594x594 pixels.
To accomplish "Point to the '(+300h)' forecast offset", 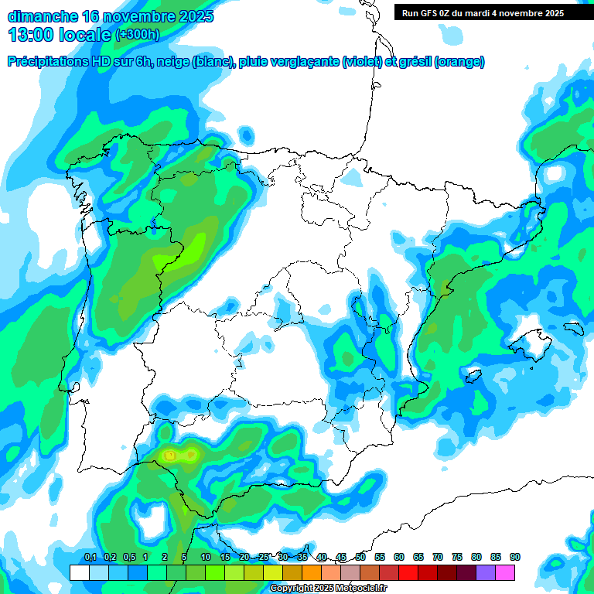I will [x=137, y=34].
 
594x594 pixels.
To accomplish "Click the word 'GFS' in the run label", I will [x=430, y=13].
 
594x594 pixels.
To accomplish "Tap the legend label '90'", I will [x=515, y=557].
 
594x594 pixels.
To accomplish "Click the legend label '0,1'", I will [x=90, y=557].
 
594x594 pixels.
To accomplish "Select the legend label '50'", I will [x=360, y=557].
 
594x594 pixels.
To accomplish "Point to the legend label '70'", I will [x=438, y=557].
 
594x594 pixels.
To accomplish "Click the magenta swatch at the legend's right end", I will [x=505, y=572].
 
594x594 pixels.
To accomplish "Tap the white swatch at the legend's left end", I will [x=80, y=572].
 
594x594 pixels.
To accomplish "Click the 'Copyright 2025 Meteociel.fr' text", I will [x=328, y=588].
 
